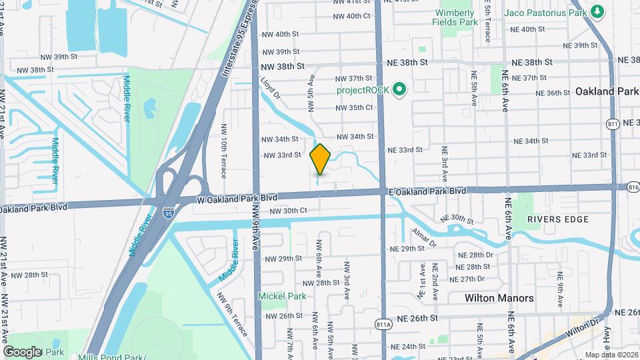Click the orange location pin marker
[320, 159]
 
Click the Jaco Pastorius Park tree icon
[598, 11]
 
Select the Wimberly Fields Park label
[457, 17]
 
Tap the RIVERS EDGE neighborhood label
[557, 219]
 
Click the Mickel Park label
[283, 296]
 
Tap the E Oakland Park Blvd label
[427, 191]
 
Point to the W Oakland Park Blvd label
[237, 199]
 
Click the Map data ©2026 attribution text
[611, 355]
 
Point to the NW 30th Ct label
[288, 211]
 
